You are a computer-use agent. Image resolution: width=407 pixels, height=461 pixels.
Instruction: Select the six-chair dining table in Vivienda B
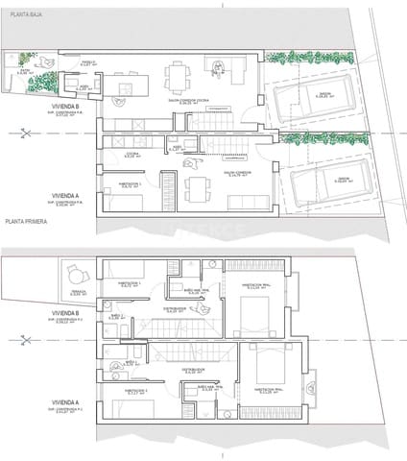(179, 75)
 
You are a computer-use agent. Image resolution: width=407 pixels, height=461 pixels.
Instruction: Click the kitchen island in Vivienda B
(121, 89)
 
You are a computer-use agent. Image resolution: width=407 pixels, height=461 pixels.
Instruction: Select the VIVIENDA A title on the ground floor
(66, 197)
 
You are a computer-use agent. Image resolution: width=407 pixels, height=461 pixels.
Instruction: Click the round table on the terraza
(73, 272)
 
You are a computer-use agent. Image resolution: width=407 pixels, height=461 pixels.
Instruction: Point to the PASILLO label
(88, 62)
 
